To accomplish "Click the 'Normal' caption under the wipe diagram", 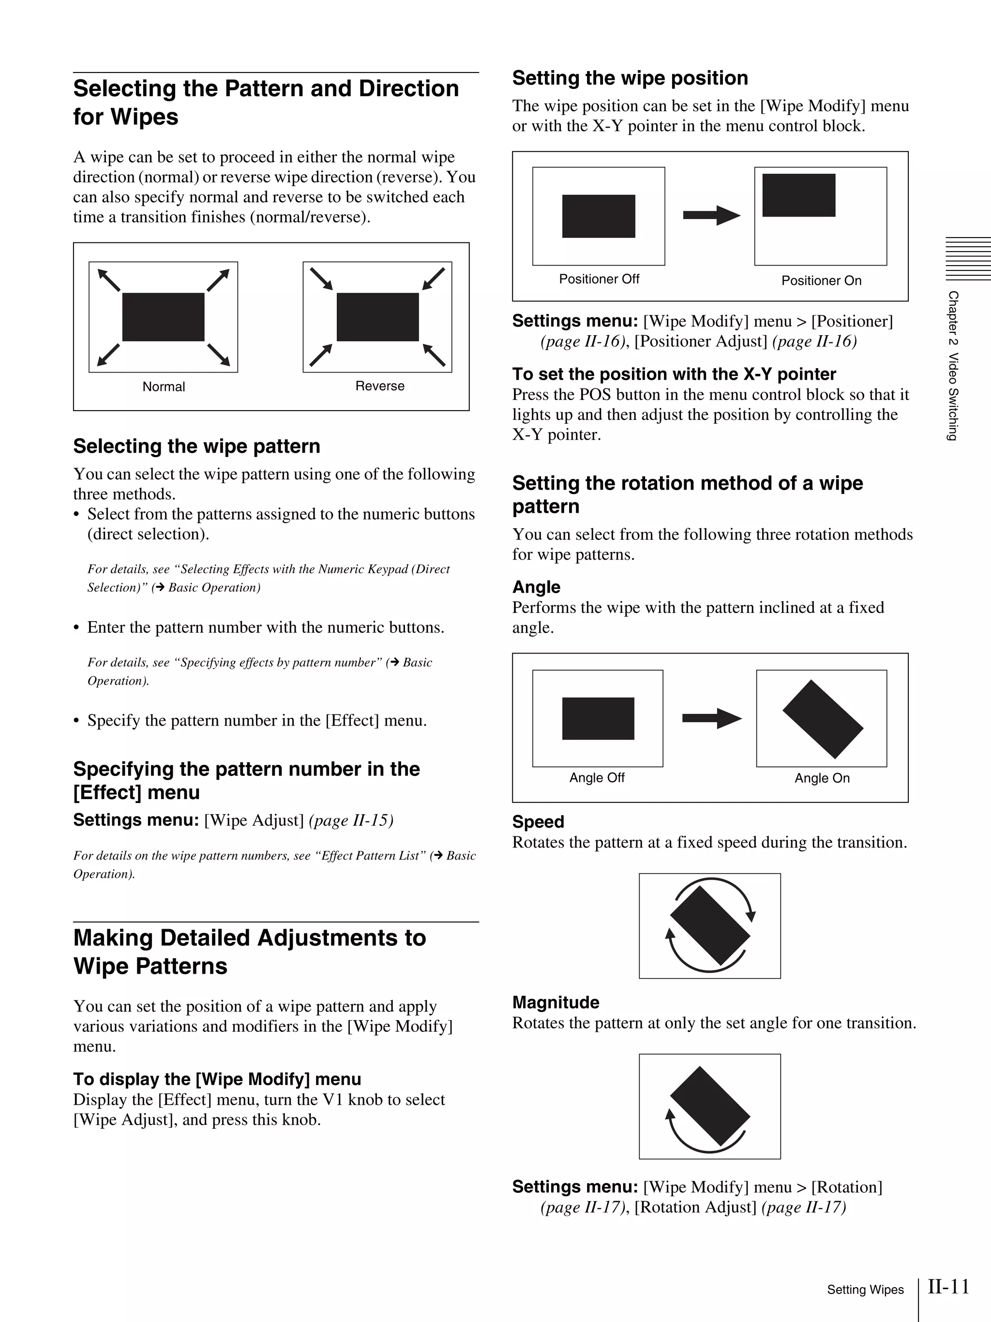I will [x=163, y=386].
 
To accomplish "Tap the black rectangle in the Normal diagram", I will [x=163, y=317].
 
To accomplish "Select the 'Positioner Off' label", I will [x=599, y=279].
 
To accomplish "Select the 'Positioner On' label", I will [x=821, y=281].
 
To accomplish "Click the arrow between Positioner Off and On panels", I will [x=711, y=215].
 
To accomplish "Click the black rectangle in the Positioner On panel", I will [x=798, y=195].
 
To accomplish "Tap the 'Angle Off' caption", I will [x=597, y=777].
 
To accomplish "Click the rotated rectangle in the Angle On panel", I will [x=823, y=719].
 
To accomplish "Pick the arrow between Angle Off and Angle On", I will [x=711, y=718].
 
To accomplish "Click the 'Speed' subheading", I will [x=538, y=822].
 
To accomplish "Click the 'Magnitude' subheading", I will [x=556, y=1002].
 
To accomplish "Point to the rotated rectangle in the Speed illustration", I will [x=709, y=926].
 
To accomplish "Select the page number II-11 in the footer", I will [x=948, y=1287].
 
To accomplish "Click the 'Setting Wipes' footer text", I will [x=865, y=1290].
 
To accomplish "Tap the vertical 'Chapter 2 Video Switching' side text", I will [x=953, y=366].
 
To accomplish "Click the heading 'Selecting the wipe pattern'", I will [x=196, y=446].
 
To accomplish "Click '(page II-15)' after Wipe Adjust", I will [x=351, y=820].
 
